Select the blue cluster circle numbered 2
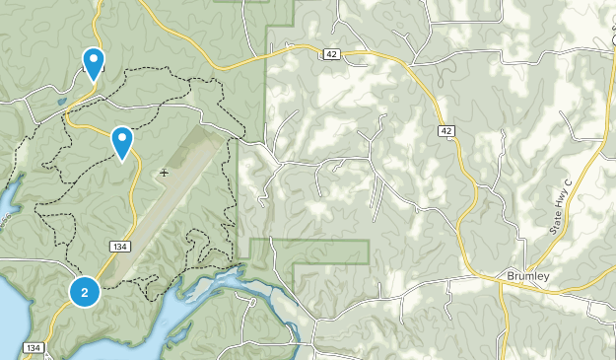coord(85,292)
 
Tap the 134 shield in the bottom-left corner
coord(33,348)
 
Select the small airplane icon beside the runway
coord(164,172)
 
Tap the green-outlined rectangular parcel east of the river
coord(330,252)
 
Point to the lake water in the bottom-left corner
coord(12,296)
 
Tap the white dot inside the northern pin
coord(94,58)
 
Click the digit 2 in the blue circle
coord(85,292)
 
